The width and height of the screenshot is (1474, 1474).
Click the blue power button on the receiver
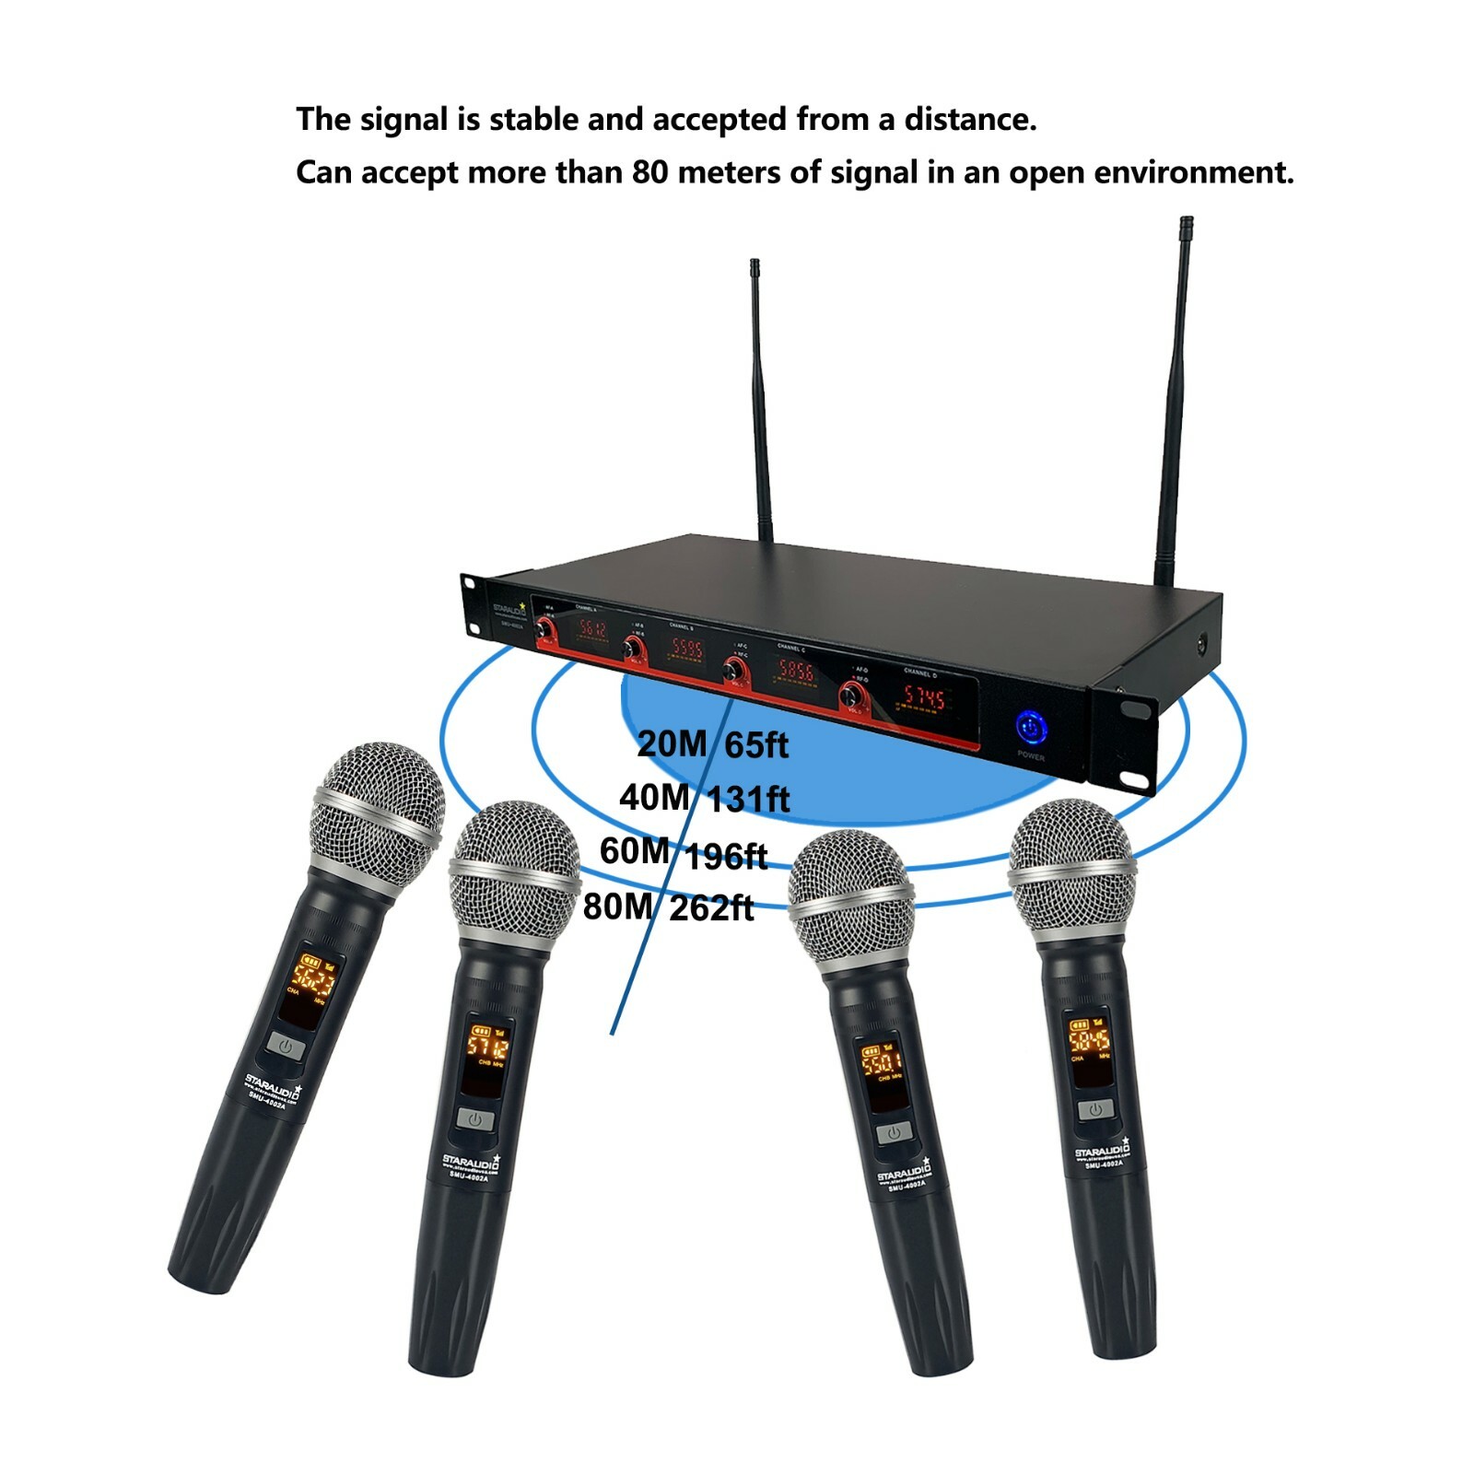(x=1031, y=727)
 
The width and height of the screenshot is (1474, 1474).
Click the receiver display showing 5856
(x=795, y=672)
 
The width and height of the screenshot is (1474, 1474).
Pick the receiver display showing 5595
(x=686, y=649)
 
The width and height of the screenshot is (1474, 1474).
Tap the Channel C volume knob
(x=735, y=670)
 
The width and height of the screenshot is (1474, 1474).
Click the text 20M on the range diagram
(x=672, y=743)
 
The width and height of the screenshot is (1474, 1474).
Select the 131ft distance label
(x=748, y=799)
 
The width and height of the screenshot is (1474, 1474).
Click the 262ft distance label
(x=711, y=908)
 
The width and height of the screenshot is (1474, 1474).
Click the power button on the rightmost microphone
(x=1095, y=1109)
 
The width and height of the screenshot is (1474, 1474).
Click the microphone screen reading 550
(x=879, y=1064)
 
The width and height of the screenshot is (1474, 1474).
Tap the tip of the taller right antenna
(x=1186, y=224)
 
